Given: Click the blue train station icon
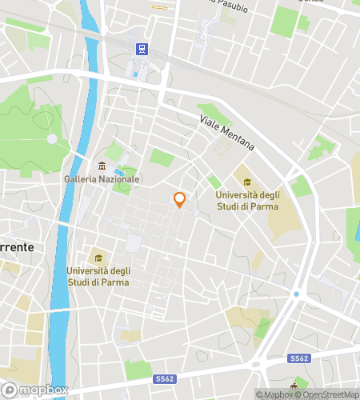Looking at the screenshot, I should pyautogui.click(x=142, y=49).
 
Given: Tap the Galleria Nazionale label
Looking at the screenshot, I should pyautogui.click(x=102, y=178).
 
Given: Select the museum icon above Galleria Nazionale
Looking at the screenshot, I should pyautogui.click(x=102, y=166).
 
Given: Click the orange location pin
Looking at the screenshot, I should pyautogui.click(x=180, y=200).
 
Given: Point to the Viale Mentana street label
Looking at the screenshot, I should pyautogui.click(x=227, y=133).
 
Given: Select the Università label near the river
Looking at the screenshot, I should pyautogui.click(x=98, y=275).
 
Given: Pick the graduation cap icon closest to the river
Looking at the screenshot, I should pyautogui.click(x=98, y=258).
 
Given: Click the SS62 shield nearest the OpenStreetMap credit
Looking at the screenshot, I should pyautogui.click(x=299, y=358).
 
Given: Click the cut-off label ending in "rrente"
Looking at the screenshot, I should pyautogui.click(x=17, y=247).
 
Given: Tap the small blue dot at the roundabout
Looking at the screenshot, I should pyautogui.click(x=296, y=294).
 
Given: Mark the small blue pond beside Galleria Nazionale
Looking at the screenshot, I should pyautogui.click(x=120, y=171).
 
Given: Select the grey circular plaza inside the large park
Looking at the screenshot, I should pyautogui.click(x=52, y=138).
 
